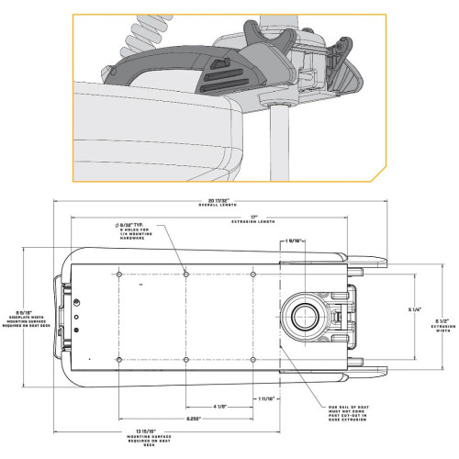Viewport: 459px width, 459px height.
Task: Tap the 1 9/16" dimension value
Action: point(296,242)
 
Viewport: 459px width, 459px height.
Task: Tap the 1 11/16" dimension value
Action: point(267,397)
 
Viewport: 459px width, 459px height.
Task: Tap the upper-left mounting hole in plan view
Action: point(120,274)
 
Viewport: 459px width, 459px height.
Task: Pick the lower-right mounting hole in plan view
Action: point(253,357)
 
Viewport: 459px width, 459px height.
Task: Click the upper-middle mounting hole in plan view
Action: point(186,274)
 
